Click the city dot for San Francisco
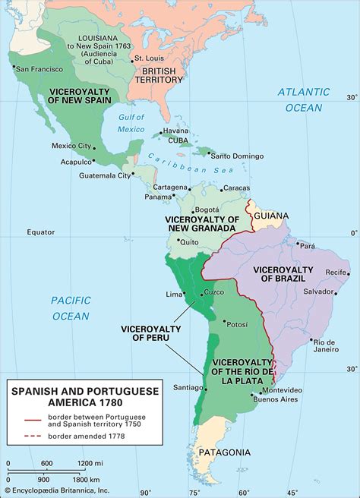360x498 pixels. (x=14, y=68)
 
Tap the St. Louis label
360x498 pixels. (x=147, y=58)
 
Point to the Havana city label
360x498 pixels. (x=175, y=131)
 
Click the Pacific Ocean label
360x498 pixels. (x=71, y=307)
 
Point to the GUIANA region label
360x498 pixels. (x=271, y=216)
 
